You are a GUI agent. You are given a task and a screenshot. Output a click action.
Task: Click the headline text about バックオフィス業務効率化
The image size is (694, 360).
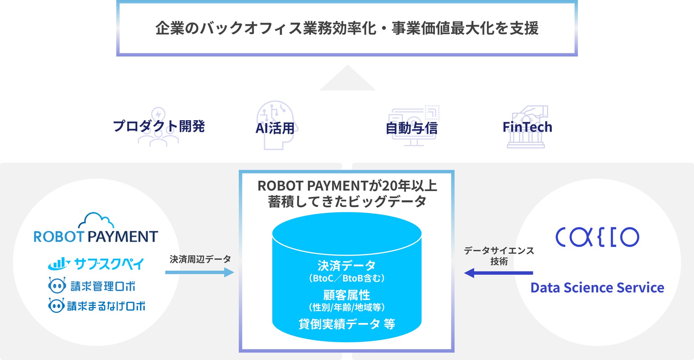coord(347,28)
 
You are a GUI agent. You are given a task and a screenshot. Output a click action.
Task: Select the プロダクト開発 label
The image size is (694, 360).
coord(159,126)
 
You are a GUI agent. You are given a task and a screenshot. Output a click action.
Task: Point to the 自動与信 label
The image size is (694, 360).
coord(411,128)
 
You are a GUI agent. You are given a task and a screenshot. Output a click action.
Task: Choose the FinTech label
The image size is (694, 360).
coord(527,127)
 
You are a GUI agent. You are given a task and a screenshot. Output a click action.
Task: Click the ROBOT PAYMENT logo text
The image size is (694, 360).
coord(96,237)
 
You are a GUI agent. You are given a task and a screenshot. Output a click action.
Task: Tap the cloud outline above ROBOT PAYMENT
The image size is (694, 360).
coord(96,220)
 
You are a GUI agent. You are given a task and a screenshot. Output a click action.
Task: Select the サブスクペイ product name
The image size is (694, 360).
coord(109,264)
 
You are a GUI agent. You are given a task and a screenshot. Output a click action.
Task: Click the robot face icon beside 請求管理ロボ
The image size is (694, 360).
coord(57,285)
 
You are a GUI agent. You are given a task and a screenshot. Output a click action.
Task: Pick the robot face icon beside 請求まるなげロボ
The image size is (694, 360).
coord(56,306)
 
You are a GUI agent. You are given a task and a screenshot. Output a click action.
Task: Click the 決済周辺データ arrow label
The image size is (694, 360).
coord(200,259)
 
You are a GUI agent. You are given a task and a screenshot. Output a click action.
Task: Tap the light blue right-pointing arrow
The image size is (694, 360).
coord(199,272)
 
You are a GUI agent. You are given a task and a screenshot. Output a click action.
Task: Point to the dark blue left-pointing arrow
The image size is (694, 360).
coord(498,273)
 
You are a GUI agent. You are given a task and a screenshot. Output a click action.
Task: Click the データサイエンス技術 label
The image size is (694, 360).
coord(499,256)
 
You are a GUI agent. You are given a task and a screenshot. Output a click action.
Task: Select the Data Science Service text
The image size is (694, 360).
coord(597,287)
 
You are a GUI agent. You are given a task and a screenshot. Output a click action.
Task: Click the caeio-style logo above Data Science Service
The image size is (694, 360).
coord(597,237)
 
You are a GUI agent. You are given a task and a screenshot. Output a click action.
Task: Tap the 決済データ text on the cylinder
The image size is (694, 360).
coord(347,265)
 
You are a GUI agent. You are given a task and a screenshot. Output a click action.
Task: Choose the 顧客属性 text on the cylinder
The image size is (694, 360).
coord(347,295)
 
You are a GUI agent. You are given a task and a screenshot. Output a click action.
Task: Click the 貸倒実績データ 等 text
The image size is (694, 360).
coord(347,324)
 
